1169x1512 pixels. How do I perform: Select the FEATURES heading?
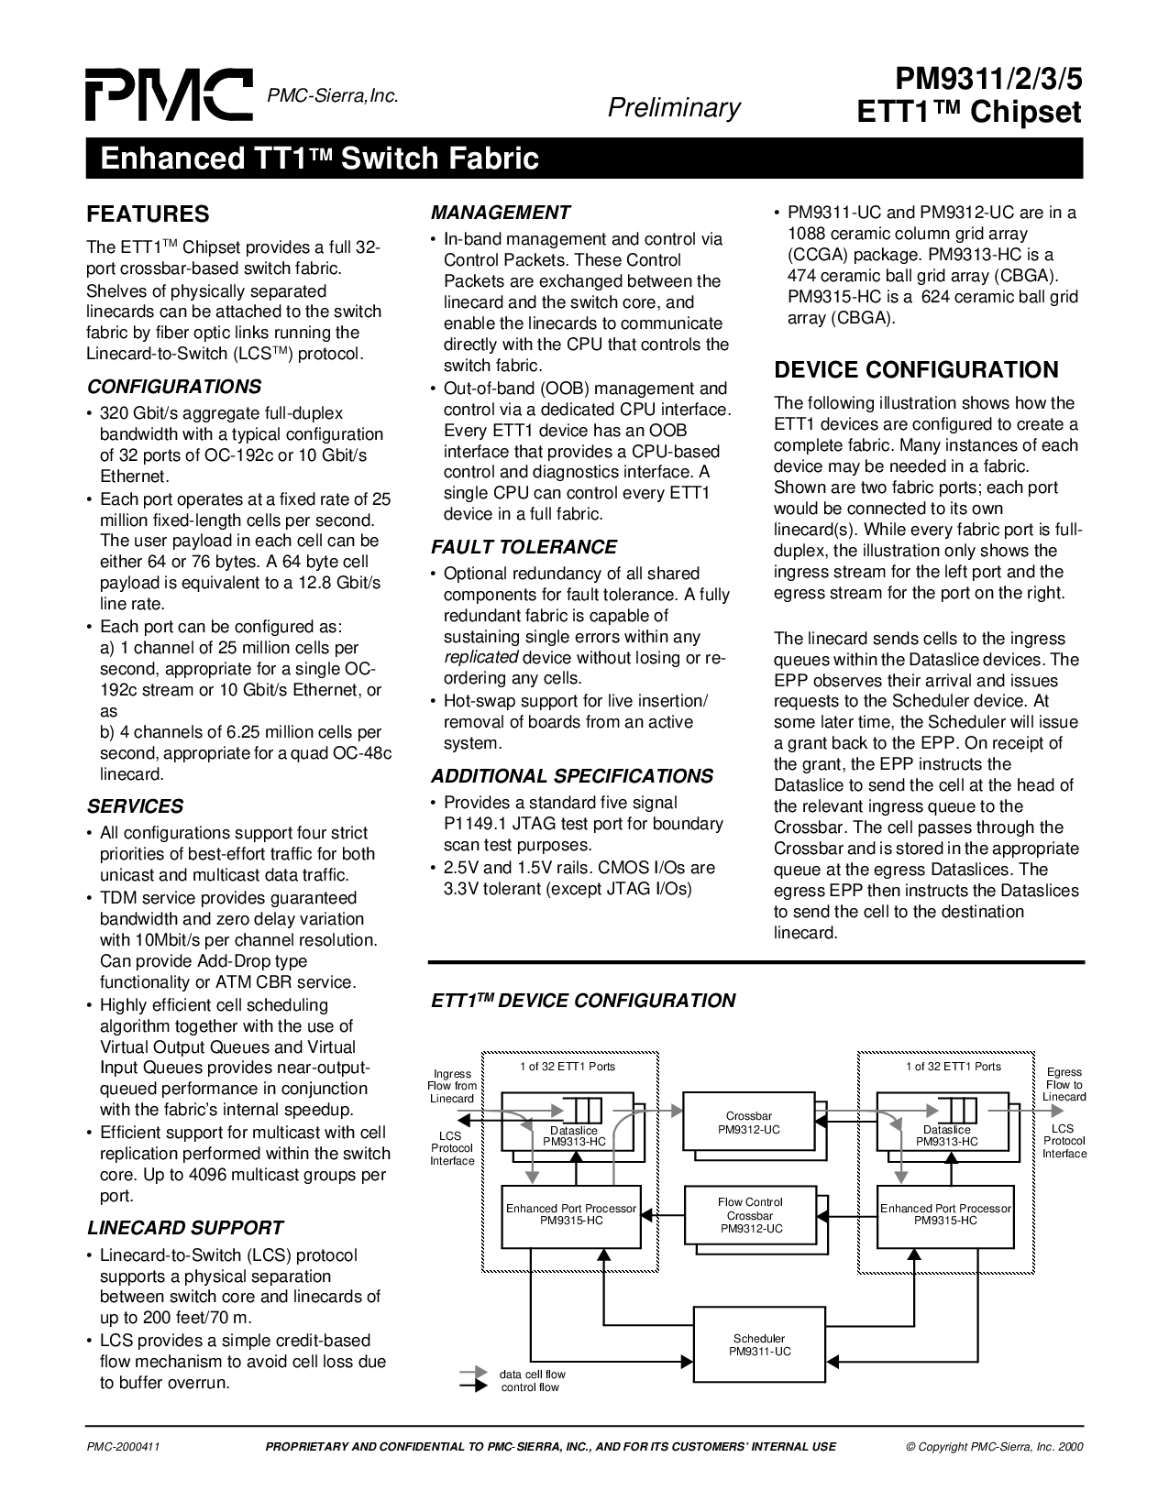click(x=148, y=214)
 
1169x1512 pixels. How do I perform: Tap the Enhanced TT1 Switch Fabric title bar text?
click(x=313, y=159)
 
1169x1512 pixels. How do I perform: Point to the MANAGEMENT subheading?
click(x=501, y=213)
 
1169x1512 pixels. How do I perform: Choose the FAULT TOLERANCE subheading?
click(x=524, y=547)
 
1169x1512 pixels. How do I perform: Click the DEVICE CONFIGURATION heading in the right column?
click(x=916, y=370)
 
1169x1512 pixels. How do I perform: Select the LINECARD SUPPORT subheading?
click(x=185, y=1228)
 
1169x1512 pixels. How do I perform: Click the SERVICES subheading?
click(x=135, y=806)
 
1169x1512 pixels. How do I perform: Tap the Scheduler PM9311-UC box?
click(x=759, y=1344)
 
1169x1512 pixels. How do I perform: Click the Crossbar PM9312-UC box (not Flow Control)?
click(x=748, y=1123)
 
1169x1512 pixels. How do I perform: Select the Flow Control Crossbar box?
click(x=750, y=1214)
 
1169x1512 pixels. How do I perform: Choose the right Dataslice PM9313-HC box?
click(x=945, y=1123)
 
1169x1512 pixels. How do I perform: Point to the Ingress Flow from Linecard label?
click(x=452, y=1086)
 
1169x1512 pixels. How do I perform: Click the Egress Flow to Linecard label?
click(x=1064, y=1084)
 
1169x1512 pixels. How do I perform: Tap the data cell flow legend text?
click(x=532, y=1375)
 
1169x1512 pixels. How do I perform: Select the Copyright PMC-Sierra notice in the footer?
click(x=994, y=1447)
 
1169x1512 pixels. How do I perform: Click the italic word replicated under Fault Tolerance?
click(x=481, y=658)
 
